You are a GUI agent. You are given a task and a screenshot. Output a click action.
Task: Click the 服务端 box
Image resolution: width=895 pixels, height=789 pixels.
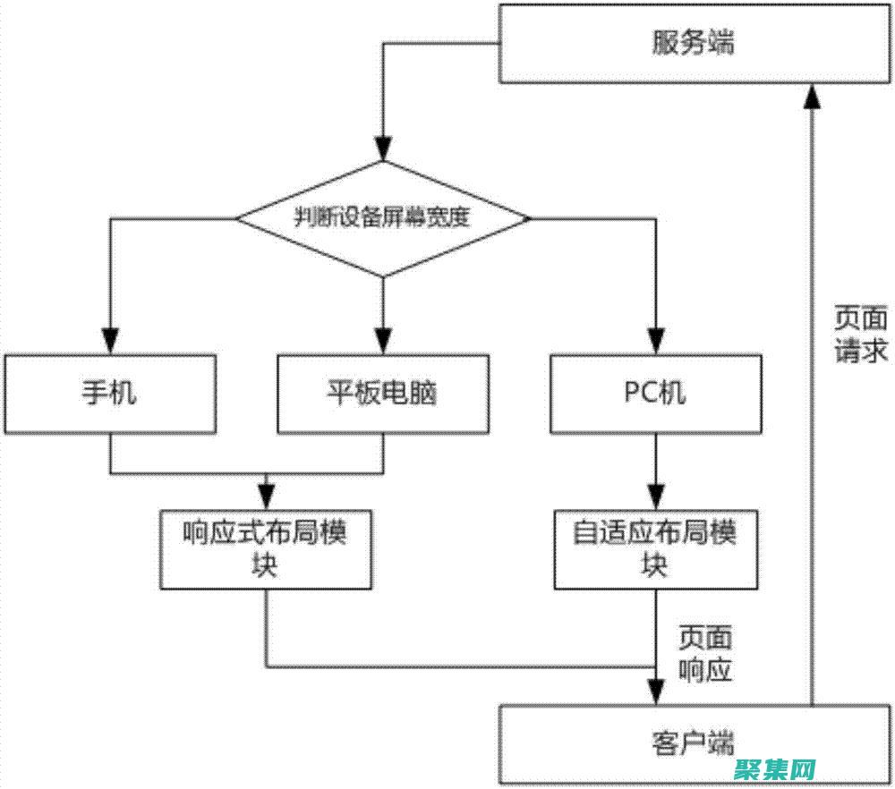pos(694,43)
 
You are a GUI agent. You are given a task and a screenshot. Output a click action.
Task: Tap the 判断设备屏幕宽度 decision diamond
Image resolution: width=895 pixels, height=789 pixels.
pos(382,218)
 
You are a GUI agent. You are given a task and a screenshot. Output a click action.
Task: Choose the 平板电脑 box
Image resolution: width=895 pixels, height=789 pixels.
pos(383,394)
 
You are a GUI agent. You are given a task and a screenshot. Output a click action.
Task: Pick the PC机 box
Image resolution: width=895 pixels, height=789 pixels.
pos(655,394)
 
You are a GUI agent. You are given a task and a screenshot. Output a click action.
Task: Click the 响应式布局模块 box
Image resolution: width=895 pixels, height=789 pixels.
pos(266,549)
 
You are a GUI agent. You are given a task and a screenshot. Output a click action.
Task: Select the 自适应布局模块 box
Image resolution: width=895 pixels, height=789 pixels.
pos(655,549)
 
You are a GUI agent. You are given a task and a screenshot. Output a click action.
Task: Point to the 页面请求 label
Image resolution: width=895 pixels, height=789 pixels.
pos(861,335)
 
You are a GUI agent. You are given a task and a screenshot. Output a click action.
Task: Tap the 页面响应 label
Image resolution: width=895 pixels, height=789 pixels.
pos(706,654)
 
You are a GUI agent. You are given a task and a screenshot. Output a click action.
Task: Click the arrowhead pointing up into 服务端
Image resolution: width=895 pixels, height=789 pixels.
pos(812,96)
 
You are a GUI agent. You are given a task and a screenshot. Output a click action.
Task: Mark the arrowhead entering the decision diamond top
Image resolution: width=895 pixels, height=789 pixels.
pos(383,148)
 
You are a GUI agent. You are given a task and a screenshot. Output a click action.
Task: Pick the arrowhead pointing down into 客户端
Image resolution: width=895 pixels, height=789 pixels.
pos(656,691)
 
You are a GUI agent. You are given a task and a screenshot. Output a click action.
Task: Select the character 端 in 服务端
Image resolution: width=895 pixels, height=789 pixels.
pos(719,43)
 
